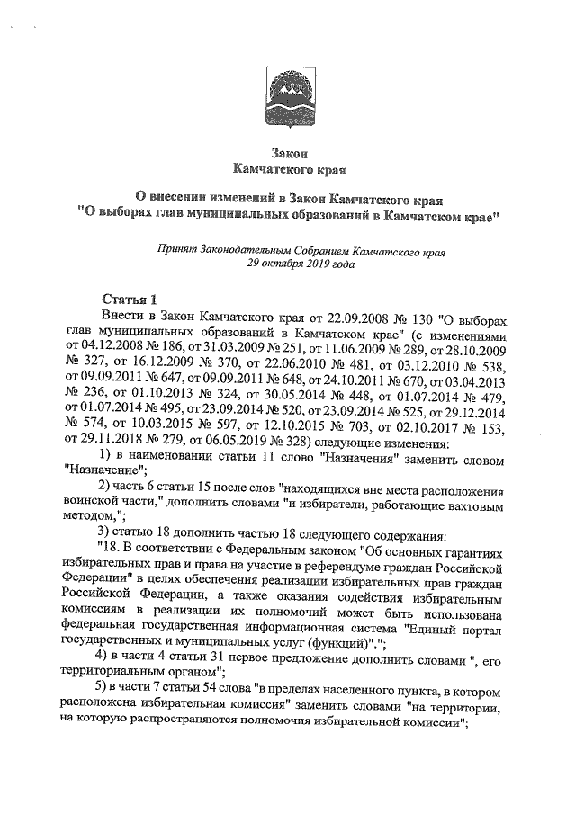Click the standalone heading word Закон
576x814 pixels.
click(287, 152)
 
